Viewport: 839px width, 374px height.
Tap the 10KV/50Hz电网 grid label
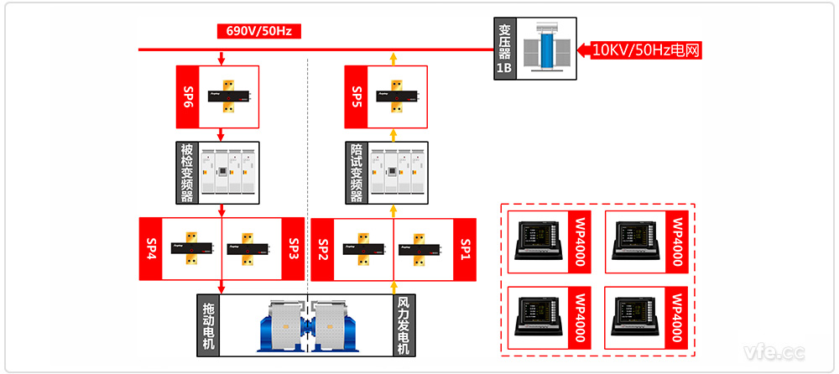pos(646,50)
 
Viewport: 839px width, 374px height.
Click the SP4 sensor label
pos(151,249)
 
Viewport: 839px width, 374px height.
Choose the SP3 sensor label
pos(294,249)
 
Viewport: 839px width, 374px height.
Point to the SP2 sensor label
pos(323,249)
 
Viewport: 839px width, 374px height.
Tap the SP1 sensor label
pos(466,249)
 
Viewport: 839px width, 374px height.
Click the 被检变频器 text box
pos(187,173)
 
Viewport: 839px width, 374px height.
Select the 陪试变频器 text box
pos(356,173)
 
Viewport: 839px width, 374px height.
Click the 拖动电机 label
pos(209,326)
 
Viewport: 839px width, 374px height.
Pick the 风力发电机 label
pos(403,326)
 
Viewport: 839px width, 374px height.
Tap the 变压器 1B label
pos(503,50)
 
